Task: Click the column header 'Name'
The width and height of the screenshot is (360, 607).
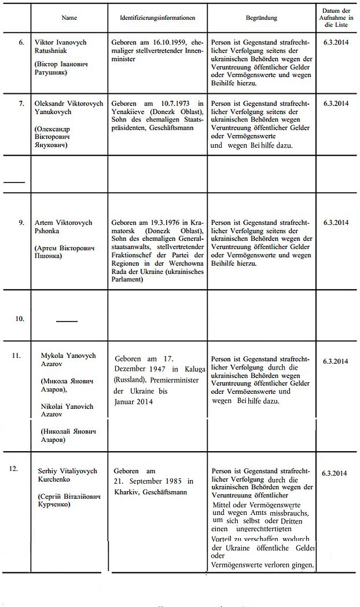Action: pos(69,17)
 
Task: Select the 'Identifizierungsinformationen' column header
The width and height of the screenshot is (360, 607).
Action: pos(157,17)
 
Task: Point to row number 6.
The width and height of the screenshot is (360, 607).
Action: pos(21,43)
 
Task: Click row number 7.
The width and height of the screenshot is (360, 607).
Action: pos(21,103)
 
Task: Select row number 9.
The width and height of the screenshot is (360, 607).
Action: pos(21,222)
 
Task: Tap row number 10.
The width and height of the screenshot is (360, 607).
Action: pos(20,319)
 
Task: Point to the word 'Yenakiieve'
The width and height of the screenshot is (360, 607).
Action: pos(131,112)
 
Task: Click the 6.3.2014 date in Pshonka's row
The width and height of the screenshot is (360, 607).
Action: pos(336,222)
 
